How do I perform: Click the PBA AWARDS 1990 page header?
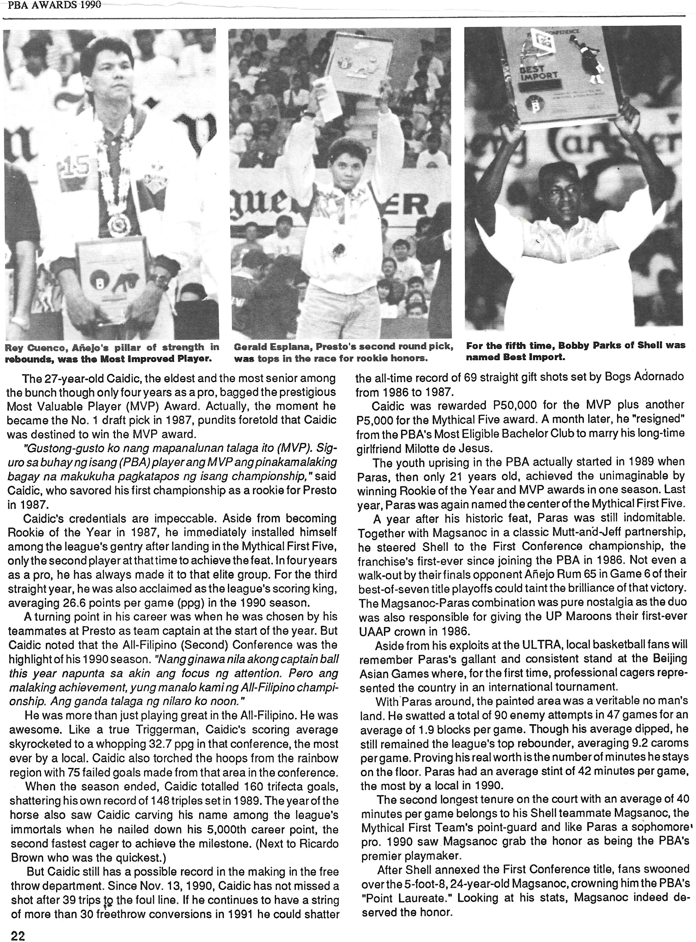(x=51, y=5)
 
